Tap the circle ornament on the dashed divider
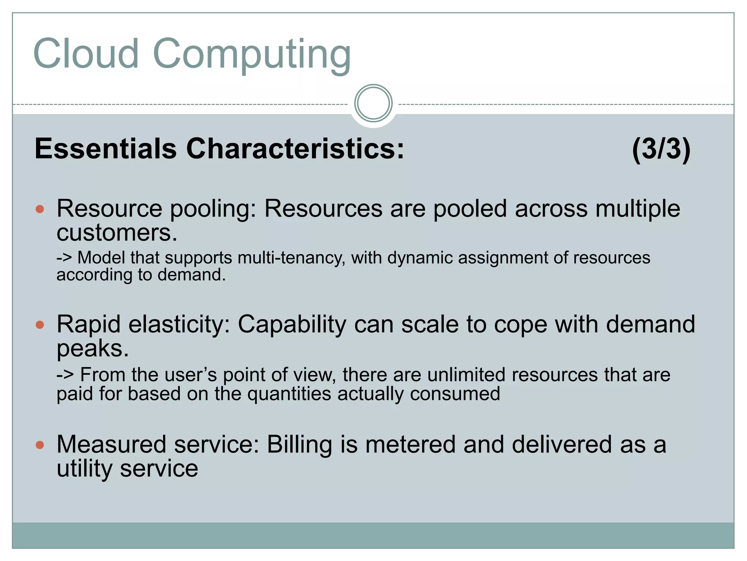point(373,103)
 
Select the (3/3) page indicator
point(661,149)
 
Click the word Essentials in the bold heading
point(105,149)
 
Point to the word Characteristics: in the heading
point(295,149)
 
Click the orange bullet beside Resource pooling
point(40,209)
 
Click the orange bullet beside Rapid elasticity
point(40,325)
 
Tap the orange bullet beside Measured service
point(40,445)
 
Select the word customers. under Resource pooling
point(117,233)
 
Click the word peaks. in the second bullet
point(93,349)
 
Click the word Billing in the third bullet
point(299,444)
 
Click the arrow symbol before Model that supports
point(64,258)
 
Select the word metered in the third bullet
point(411,444)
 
